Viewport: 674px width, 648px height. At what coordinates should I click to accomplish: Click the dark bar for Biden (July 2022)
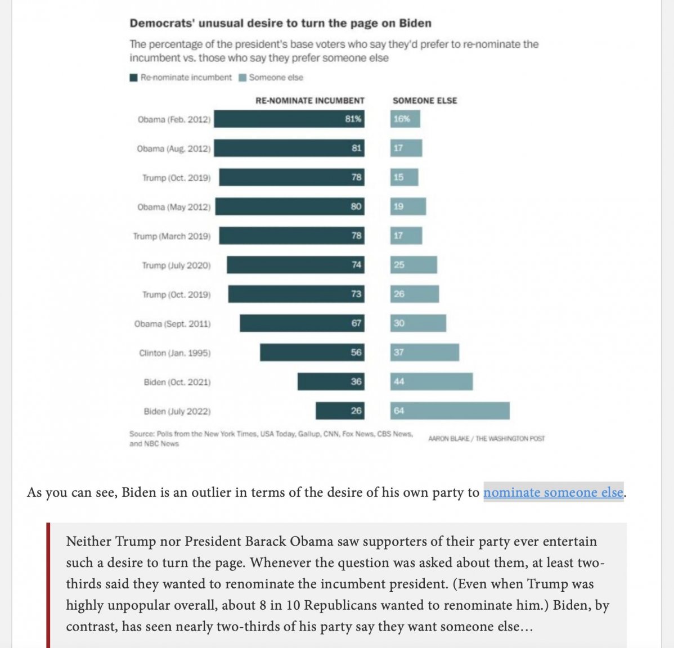pos(340,411)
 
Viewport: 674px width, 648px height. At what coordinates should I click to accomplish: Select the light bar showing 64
pos(450,411)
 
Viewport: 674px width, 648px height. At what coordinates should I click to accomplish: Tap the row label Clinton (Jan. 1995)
pos(174,353)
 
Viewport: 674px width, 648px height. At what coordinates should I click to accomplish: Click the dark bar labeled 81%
pos(289,119)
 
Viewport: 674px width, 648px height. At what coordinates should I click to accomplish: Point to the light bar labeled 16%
pos(405,119)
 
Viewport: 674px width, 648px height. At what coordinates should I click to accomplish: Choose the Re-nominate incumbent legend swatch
pos(134,78)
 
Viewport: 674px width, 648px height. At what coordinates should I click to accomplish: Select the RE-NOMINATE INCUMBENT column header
pos(310,101)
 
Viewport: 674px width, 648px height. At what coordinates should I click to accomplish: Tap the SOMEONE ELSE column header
pos(425,101)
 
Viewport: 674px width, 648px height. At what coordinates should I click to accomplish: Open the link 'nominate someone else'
pos(553,492)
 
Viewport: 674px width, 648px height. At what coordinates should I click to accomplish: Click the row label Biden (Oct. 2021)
pos(177,382)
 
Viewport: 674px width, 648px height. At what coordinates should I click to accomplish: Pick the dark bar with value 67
pos(302,323)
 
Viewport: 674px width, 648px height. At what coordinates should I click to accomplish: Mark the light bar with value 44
pos(432,381)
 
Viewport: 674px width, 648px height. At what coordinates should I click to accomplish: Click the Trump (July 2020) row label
pos(176,265)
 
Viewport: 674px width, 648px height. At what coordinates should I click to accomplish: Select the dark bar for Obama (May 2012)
pos(290,206)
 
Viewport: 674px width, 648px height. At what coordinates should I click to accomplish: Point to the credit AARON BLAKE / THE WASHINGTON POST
pos(486,439)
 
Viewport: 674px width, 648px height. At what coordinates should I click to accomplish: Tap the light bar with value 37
pos(425,352)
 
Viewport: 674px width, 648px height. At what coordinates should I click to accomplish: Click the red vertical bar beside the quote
pos(48,585)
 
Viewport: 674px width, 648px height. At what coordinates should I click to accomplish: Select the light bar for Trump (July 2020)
pos(414,265)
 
